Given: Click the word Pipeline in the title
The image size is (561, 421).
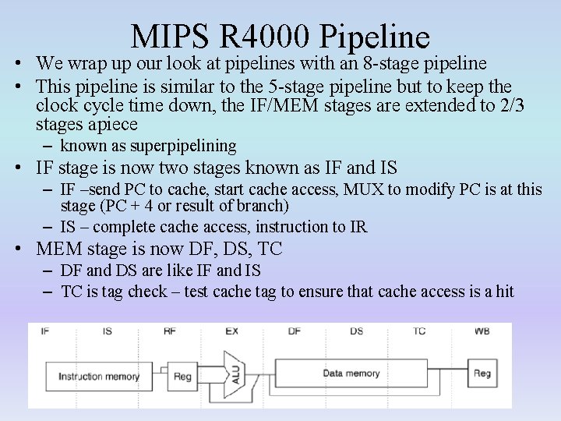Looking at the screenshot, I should pos(375,36).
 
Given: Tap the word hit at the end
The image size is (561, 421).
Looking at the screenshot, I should pos(504,292).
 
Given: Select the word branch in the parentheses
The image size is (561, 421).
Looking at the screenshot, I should pos(262,206).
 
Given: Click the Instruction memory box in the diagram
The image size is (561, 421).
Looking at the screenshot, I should pos(99,377).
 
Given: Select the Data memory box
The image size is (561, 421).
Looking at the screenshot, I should pos(351,373).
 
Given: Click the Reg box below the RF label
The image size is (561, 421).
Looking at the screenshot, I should pos(182,377).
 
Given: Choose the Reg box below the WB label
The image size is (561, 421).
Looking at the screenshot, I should pos(482,373).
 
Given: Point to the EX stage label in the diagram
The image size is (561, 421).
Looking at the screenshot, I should pos(231,331).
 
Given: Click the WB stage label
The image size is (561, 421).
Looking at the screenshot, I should pos(482,331).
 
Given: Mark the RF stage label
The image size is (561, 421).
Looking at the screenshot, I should pos(169,331).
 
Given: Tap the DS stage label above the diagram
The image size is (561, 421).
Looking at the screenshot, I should pos(356,331).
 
